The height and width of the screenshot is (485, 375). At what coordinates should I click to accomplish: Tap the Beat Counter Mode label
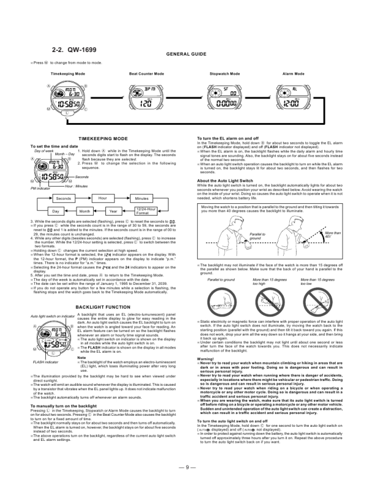[x=146, y=73]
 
